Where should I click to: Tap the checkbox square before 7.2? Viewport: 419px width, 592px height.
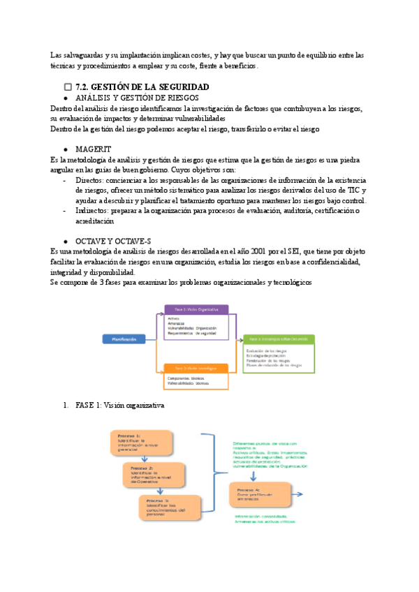[x=68, y=87]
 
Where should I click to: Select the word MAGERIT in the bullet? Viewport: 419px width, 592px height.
[x=92, y=149]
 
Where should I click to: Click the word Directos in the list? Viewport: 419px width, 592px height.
[x=92, y=181]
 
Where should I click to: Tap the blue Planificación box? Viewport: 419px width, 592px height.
[x=125, y=339]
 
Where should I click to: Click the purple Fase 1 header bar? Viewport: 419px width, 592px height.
[x=197, y=309]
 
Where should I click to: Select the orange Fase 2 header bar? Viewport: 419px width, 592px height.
[x=197, y=367]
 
